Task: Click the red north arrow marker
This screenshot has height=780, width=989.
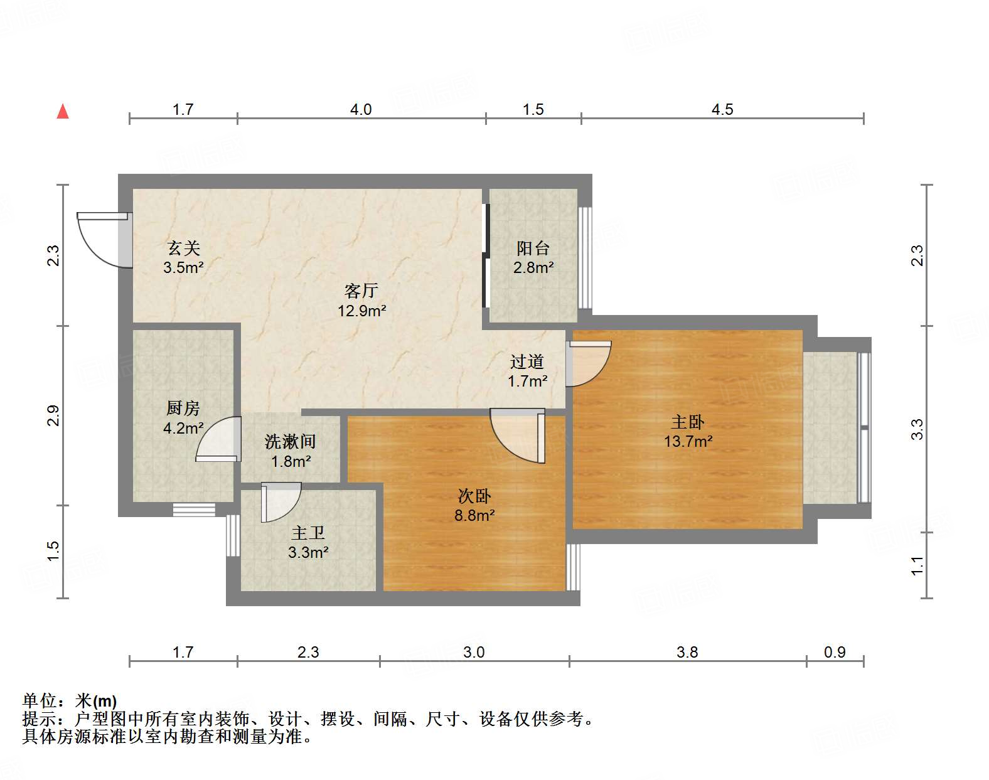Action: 63,112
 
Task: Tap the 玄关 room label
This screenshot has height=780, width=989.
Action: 183,248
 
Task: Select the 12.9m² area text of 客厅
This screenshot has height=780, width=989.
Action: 361,311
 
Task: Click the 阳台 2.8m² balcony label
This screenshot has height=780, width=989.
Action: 533,258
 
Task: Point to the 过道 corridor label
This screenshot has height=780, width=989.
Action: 527,362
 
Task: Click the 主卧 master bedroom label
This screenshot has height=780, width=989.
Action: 687,422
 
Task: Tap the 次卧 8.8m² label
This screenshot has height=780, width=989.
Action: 474,506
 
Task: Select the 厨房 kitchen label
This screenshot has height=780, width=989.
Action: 183,409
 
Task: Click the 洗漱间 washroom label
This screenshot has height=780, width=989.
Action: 290,442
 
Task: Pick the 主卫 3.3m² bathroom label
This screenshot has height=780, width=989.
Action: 307,542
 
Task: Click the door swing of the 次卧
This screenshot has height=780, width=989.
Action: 518,435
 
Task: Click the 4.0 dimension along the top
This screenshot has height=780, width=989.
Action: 361,110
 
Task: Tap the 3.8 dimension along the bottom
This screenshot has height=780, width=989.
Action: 687,653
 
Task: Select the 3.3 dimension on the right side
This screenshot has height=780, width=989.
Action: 917,429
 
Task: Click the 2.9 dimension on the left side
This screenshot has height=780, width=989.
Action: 53,415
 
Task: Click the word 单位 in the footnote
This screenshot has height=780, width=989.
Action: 40,701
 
